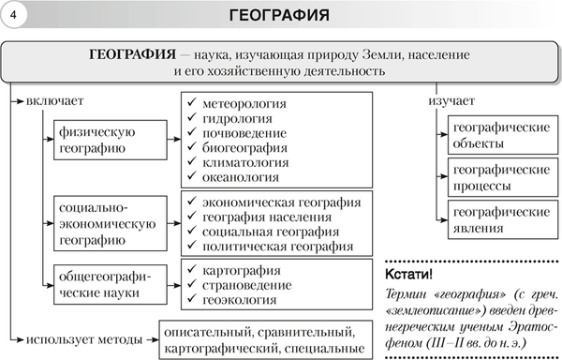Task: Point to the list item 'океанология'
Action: [239, 176]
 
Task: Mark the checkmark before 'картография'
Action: [191, 271]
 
